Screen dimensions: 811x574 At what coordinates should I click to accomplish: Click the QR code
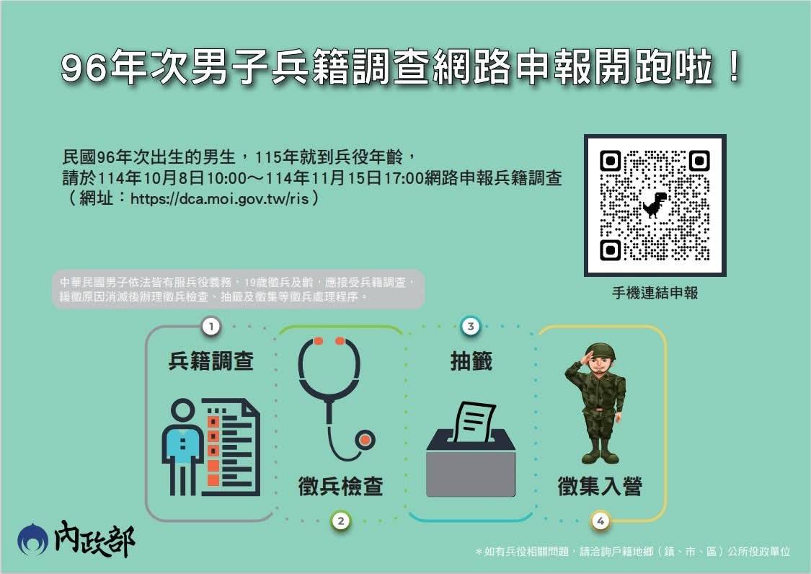coord(655,206)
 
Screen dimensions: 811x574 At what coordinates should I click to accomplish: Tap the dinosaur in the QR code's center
coord(655,205)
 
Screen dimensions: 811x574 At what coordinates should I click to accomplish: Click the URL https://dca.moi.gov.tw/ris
coord(219,198)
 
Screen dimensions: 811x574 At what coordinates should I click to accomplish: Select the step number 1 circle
coord(211,327)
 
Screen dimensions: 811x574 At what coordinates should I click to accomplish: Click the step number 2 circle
coord(340,521)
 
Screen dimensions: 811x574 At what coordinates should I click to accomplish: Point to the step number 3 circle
coord(471,327)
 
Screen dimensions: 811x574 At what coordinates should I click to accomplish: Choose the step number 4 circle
coord(601,521)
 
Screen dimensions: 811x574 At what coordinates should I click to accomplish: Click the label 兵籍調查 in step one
coord(211,361)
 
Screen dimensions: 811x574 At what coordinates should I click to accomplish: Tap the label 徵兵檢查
coord(340,486)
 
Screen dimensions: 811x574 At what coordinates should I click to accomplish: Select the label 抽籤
coord(471,361)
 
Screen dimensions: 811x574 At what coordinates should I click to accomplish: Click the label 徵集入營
coord(600,486)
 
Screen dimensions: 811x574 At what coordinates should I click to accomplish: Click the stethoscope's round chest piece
coord(365,441)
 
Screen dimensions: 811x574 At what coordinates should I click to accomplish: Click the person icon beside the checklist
coord(182,446)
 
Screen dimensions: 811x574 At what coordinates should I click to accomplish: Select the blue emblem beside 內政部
coord(32,540)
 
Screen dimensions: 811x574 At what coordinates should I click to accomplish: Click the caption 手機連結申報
coord(655,293)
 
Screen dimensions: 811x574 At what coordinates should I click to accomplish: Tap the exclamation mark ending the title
coord(733,67)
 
